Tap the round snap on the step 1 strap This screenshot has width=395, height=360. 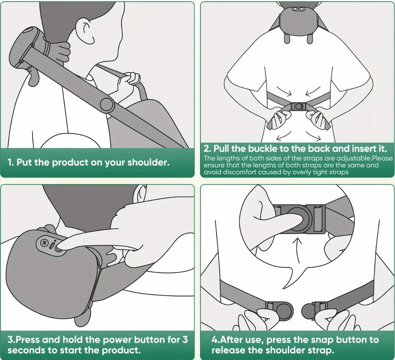pos(106,104)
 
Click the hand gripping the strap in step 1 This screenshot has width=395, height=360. pos(128,82)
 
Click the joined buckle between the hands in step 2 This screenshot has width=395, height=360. pos(298,107)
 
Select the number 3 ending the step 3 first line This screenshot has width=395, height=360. pos(185,340)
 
